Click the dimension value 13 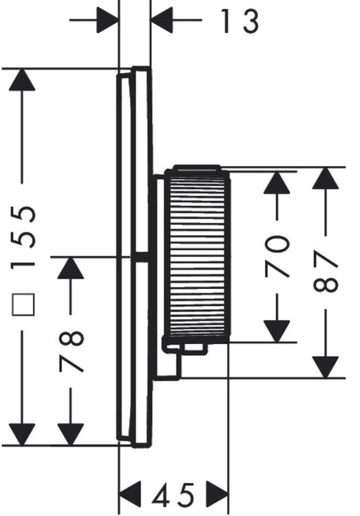[x=239, y=21]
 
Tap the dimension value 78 [x=72, y=352]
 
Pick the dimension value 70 [x=277, y=256]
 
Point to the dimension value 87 [x=326, y=271]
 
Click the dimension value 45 [x=173, y=494]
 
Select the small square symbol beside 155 [x=23, y=304]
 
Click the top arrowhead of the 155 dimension [x=22, y=80]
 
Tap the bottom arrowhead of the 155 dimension [x=22, y=434]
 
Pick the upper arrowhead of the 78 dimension [x=70, y=268]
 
